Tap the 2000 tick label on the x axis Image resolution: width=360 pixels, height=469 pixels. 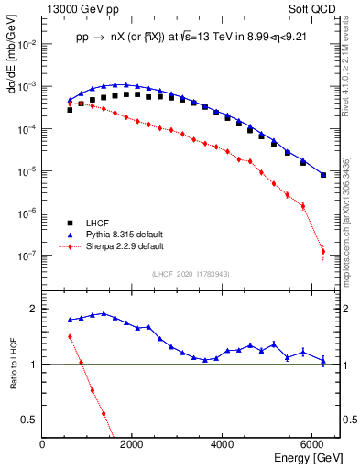(133, 445)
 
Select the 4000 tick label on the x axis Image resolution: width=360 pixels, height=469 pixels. (223, 445)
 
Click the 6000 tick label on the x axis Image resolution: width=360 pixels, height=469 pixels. (313, 445)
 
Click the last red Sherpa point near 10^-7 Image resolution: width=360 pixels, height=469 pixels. (322, 251)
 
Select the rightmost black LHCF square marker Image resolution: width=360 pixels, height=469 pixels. (322, 175)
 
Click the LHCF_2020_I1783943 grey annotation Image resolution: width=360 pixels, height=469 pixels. (191, 274)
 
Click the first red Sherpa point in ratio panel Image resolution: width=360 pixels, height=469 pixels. (71, 336)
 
